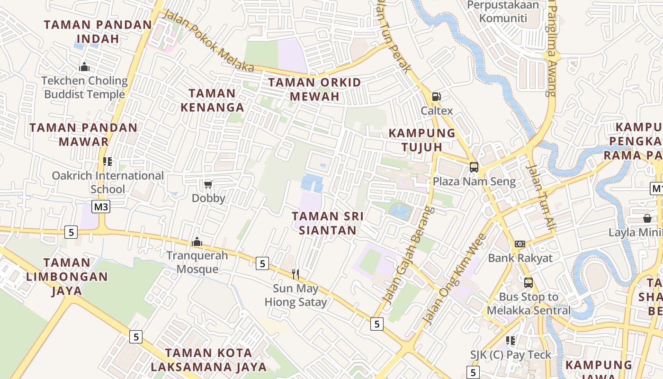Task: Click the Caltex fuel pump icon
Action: pyautogui.click(x=436, y=97)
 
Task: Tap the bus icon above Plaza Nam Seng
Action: pyautogui.click(x=474, y=167)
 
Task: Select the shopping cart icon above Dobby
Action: pyautogui.click(x=208, y=184)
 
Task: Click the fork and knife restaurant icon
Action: pyautogui.click(x=296, y=274)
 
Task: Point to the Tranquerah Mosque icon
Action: pyautogui.click(x=197, y=242)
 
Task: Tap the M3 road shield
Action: pyautogui.click(x=101, y=207)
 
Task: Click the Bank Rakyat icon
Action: pyautogui.click(x=520, y=244)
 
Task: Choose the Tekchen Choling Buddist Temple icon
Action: pyautogui.click(x=85, y=67)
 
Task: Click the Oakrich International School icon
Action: pyautogui.click(x=108, y=162)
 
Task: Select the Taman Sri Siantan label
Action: pyautogui.click(x=328, y=223)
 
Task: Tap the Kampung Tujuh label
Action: pyautogui.click(x=422, y=140)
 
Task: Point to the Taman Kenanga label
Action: pyautogui.click(x=212, y=100)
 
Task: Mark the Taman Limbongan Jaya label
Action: pyautogui.click(x=67, y=276)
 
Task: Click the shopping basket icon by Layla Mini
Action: pyautogui.click(x=647, y=218)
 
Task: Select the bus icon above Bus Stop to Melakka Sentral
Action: pyautogui.click(x=529, y=283)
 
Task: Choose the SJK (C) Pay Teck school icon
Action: pyautogui.click(x=510, y=341)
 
